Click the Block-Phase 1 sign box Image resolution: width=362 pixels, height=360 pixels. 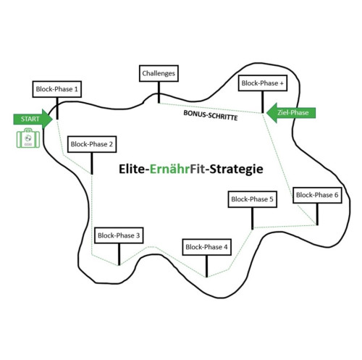point(57,89)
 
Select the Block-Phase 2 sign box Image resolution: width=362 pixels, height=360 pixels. point(92,144)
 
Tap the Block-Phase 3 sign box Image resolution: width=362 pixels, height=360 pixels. point(119,235)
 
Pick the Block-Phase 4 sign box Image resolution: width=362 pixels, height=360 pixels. point(207,247)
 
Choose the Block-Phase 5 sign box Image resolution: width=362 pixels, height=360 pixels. point(252,199)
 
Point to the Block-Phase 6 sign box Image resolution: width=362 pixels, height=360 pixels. point(317,195)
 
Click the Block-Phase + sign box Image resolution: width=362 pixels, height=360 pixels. point(263,83)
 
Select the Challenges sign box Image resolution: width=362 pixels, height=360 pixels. point(159,73)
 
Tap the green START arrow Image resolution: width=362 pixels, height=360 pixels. point(33,119)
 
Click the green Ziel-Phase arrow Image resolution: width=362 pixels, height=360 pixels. point(291,113)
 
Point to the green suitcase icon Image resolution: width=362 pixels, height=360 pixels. point(28,138)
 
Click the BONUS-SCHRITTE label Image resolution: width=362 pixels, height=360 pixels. point(211,115)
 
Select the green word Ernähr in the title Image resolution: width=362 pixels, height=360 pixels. point(169,169)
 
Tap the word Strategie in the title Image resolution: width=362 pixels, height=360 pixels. point(236,169)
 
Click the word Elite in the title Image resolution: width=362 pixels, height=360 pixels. point(132,169)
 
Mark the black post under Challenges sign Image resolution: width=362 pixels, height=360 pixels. point(159,92)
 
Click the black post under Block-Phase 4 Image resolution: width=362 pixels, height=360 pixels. point(206,266)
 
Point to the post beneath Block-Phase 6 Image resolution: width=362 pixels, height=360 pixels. point(317,214)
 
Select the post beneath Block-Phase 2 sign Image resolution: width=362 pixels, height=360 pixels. point(92,164)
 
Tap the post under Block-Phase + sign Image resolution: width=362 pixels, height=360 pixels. point(263,102)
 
